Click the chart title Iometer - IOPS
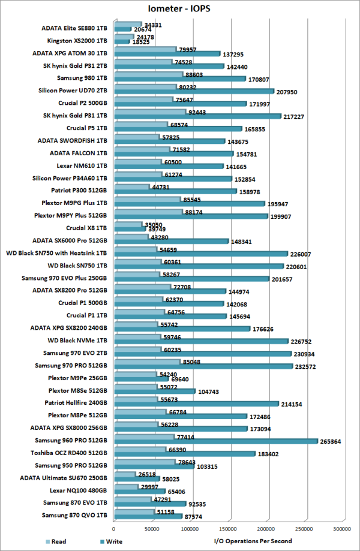[180, 9]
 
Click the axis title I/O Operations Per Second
[253, 541]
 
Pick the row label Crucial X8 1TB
[86, 228]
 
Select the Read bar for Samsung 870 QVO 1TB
[133, 513]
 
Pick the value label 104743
[210, 392]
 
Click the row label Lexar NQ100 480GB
[74, 490]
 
